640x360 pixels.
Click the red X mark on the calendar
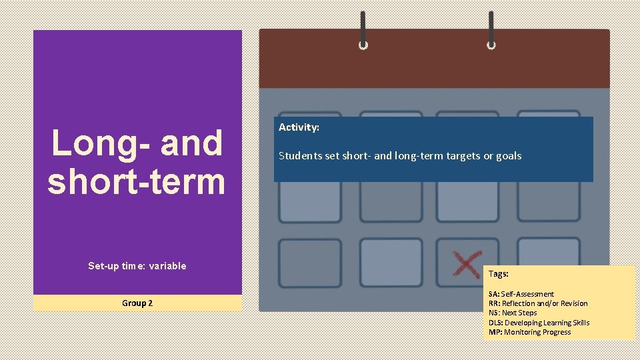pyautogui.click(x=467, y=264)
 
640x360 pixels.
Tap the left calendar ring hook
pyautogui.click(x=363, y=31)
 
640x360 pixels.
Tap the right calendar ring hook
pyautogui.click(x=491, y=31)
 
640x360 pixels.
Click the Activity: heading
pyautogui.click(x=299, y=127)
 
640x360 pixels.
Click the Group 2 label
pyautogui.click(x=137, y=303)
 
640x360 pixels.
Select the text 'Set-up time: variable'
pyautogui.click(x=137, y=266)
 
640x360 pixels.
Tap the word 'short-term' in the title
pyautogui.click(x=137, y=181)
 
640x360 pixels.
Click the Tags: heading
pyautogui.click(x=499, y=274)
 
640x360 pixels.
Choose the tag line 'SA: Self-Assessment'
pyautogui.click(x=521, y=294)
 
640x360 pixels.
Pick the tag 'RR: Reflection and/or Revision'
pyautogui.click(x=538, y=303)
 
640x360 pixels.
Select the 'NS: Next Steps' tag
pyautogui.click(x=513, y=313)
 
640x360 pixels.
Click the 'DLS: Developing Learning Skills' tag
pyautogui.click(x=539, y=323)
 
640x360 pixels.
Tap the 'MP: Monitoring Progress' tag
pyautogui.click(x=529, y=332)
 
